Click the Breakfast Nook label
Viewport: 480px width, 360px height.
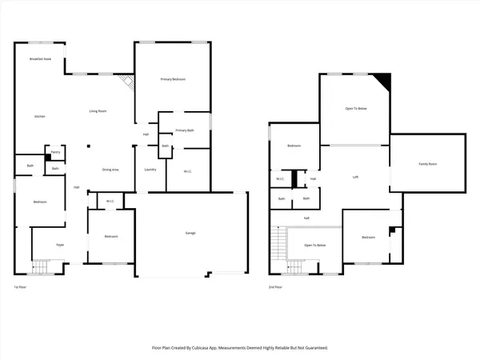40,59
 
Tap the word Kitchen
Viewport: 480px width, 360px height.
39,117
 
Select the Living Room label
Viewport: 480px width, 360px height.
98,111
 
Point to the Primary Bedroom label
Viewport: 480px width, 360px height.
174,79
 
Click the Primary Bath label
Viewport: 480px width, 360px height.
186,130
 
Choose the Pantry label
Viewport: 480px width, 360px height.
55,151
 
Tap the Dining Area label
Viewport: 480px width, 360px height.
110,170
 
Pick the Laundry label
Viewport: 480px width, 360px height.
150,170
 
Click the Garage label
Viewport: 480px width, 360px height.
190,233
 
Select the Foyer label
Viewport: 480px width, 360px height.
59,244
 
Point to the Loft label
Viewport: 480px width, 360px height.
355,177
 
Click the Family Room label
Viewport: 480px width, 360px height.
427,164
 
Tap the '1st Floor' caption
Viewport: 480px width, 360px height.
20,286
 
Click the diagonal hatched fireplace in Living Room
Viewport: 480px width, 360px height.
126,82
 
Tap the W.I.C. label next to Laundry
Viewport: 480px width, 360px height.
186,171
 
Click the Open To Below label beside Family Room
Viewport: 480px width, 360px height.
356,108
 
